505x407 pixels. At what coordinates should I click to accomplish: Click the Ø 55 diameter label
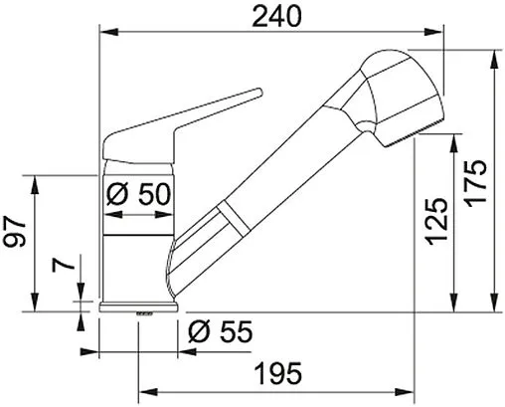point(219,330)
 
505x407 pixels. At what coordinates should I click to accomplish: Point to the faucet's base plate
point(140,304)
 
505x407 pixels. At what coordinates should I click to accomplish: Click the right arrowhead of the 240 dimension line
point(441,32)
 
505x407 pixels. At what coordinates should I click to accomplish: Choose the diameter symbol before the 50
point(114,195)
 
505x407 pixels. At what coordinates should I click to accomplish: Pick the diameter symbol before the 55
point(197,330)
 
